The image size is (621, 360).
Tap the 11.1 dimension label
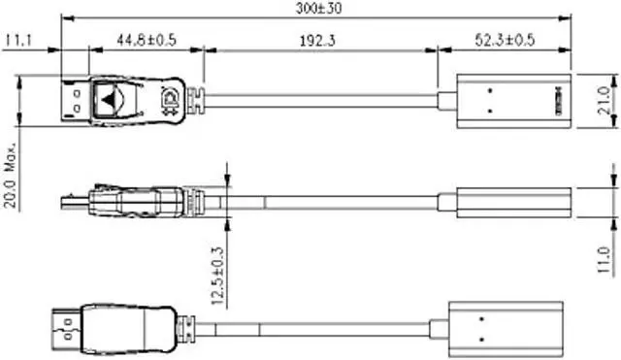[x=19, y=40]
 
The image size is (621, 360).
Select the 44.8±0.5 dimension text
[x=145, y=40]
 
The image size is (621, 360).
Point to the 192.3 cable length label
[x=319, y=40]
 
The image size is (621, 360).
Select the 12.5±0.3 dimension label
[x=217, y=277]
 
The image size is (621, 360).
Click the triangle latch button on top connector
[x=113, y=99]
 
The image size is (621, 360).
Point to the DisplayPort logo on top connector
[x=172, y=99]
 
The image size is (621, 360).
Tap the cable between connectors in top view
[x=320, y=99]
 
